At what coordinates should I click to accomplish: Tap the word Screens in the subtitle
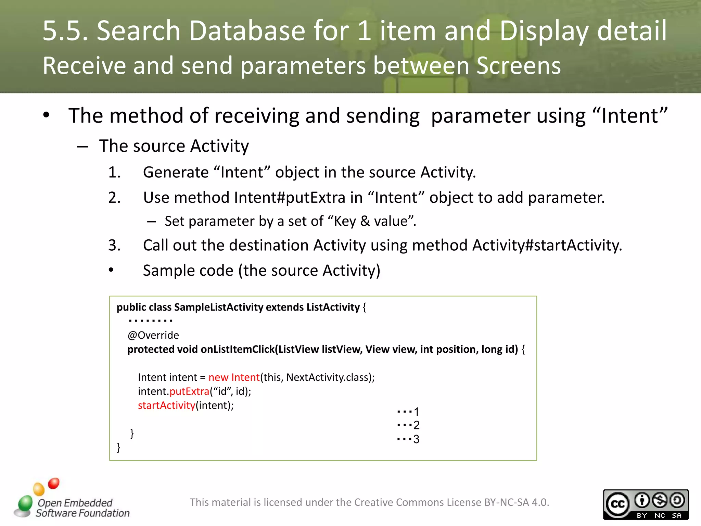[x=518, y=66]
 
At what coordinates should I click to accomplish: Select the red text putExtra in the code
[x=189, y=391]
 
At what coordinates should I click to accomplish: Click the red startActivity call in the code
[x=166, y=405]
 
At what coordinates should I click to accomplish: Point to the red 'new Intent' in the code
[x=234, y=377]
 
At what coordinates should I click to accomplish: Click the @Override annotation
[x=153, y=335]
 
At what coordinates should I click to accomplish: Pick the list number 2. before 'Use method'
[x=114, y=198]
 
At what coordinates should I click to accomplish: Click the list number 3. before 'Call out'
[x=114, y=245]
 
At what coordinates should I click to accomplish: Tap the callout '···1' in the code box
[x=408, y=411]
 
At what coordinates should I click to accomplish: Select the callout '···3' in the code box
[x=408, y=439]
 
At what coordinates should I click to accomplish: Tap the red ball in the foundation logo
[x=54, y=483]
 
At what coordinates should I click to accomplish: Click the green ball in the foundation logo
[x=25, y=503]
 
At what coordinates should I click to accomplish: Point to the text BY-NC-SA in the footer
[x=507, y=502]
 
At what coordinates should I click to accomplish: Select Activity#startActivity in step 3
[x=547, y=245]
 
